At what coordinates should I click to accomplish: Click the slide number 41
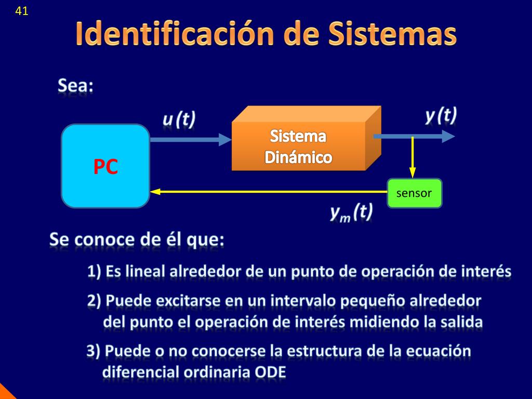[x=22, y=11]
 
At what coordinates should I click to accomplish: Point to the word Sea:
[x=76, y=86]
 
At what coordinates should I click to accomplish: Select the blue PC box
[x=105, y=166]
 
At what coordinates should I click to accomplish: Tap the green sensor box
[x=414, y=193]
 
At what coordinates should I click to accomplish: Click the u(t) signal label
[x=179, y=119]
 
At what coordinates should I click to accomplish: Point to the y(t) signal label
[x=441, y=115]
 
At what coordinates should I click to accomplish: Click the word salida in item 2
[x=462, y=322]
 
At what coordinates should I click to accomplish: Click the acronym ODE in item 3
[x=270, y=372]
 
